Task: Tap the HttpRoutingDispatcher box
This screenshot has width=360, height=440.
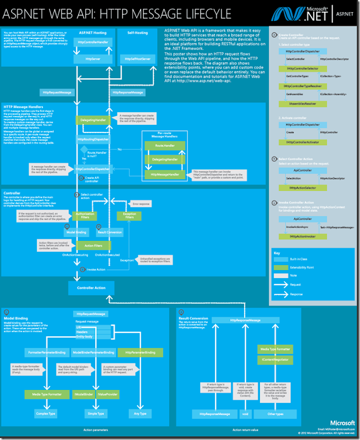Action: [91, 140]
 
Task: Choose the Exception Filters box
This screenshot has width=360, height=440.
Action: [130, 215]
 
